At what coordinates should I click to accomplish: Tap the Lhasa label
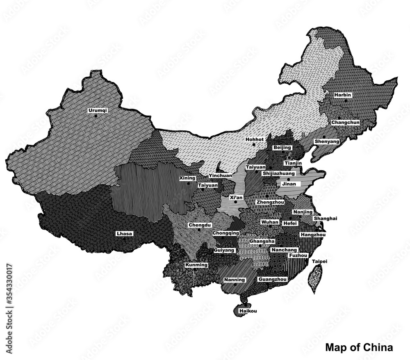(124, 233)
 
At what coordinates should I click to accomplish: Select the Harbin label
(342, 95)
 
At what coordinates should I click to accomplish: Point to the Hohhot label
(254, 139)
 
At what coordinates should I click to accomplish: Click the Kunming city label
(196, 265)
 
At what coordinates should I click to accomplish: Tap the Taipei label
(320, 261)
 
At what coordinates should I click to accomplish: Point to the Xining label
(187, 178)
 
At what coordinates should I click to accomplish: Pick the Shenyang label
(327, 141)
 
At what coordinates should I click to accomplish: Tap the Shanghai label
(326, 219)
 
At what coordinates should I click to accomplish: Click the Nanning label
(235, 280)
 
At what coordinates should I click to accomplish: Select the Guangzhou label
(272, 279)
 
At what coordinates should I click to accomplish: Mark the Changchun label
(345, 122)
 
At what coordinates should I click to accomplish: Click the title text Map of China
(359, 347)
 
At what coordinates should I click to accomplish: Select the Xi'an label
(236, 197)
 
